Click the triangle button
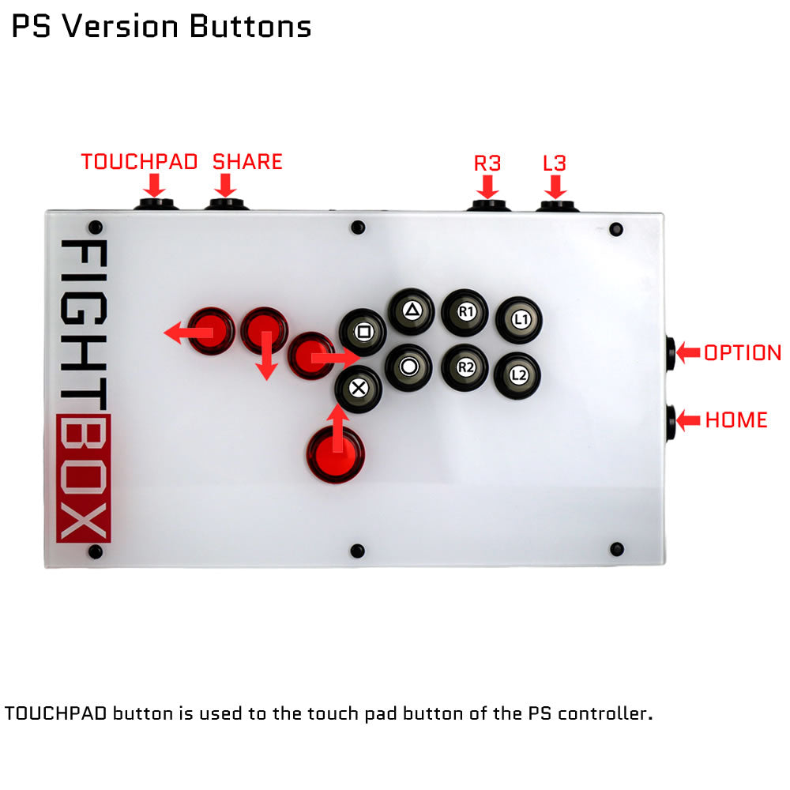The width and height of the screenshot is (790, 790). pyautogui.click(x=412, y=310)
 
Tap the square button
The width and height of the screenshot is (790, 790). pyautogui.click(x=363, y=332)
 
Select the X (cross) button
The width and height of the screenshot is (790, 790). pyautogui.click(x=359, y=389)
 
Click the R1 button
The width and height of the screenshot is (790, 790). pyautogui.click(x=465, y=312)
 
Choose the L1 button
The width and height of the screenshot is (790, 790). pyautogui.click(x=520, y=319)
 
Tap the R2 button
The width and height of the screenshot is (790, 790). pyautogui.click(x=465, y=367)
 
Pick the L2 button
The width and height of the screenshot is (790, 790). pyautogui.click(x=517, y=374)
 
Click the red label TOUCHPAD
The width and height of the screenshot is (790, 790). pyautogui.click(x=139, y=162)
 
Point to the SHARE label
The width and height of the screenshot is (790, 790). pyautogui.click(x=247, y=162)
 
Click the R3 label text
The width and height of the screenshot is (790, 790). pyautogui.click(x=487, y=164)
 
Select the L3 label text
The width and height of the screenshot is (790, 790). pyautogui.click(x=555, y=164)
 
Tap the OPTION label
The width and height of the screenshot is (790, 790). pyautogui.click(x=743, y=352)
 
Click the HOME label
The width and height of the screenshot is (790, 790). pyautogui.click(x=736, y=419)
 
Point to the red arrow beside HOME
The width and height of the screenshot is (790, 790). pyautogui.click(x=688, y=420)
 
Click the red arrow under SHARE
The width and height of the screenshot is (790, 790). pyautogui.click(x=225, y=186)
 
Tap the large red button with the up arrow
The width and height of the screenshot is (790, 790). pyautogui.click(x=336, y=455)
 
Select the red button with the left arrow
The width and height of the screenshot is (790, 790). pyautogui.click(x=212, y=331)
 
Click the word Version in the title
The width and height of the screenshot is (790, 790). pyautogui.click(x=120, y=26)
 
